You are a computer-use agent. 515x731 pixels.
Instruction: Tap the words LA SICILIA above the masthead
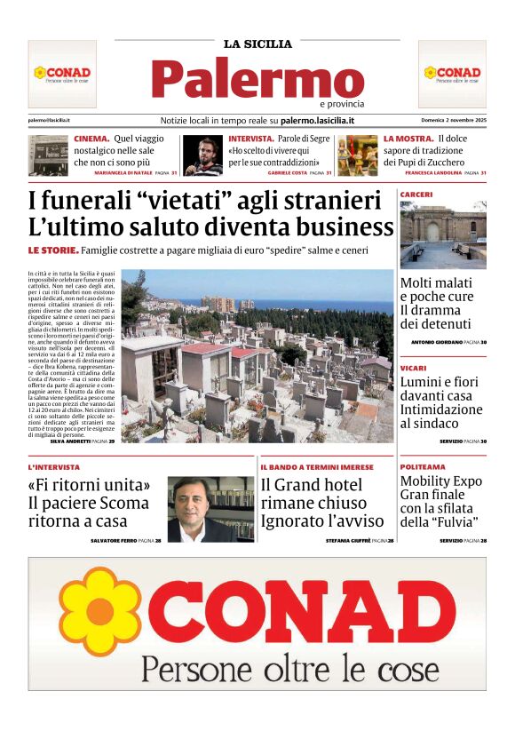(257, 44)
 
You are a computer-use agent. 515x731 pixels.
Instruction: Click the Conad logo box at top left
(62, 74)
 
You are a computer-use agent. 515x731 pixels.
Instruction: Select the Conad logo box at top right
(452, 74)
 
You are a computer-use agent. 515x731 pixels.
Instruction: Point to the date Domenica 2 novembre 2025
(453, 120)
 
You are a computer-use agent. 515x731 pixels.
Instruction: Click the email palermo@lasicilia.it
(49, 120)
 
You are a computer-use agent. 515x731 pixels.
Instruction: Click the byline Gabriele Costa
(290, 172)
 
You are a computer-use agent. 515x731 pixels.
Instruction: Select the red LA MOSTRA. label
(408, 139)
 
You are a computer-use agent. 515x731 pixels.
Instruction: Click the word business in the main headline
(337, 226)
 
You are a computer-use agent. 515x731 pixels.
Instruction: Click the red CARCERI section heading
(416, 194)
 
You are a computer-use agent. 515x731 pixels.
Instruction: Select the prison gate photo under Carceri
(443, 235)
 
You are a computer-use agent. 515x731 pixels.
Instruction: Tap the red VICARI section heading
(413, 367)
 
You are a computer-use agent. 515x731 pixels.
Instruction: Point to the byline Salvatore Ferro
(116, 540)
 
